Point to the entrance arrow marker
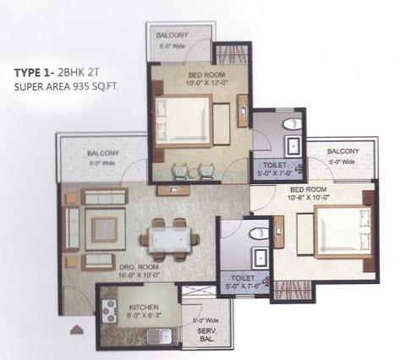[x=77, y=329]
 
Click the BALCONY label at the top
[x=177, y=34]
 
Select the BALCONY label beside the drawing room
[x=103, y=153]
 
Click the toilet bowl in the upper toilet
[x=290, y=123]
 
